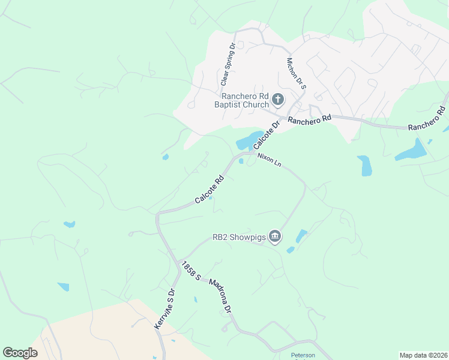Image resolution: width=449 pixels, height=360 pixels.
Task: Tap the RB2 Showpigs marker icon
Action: click(x=275, y=237)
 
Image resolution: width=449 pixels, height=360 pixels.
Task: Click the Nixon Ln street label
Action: click(x=269, y=160)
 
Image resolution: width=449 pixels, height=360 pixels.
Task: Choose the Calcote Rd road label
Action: click(x=209, y=189)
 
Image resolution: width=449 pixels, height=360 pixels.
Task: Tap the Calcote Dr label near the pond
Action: click(x=267, y=136)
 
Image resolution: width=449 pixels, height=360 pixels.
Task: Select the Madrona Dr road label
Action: click(x=220, y=296)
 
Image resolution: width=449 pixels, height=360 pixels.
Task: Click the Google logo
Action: click(x=20, y=353)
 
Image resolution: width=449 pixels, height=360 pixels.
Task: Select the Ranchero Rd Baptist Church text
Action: click(x=245, y=100)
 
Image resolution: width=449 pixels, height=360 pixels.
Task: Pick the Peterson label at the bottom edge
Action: click(x=303, y=355)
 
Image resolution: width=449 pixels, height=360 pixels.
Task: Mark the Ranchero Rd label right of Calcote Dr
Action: click(x=309, y=120)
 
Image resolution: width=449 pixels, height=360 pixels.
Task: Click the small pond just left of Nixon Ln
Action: click(x=241, y=161)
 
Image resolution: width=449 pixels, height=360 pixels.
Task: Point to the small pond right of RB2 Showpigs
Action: click(x=300, y=236)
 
